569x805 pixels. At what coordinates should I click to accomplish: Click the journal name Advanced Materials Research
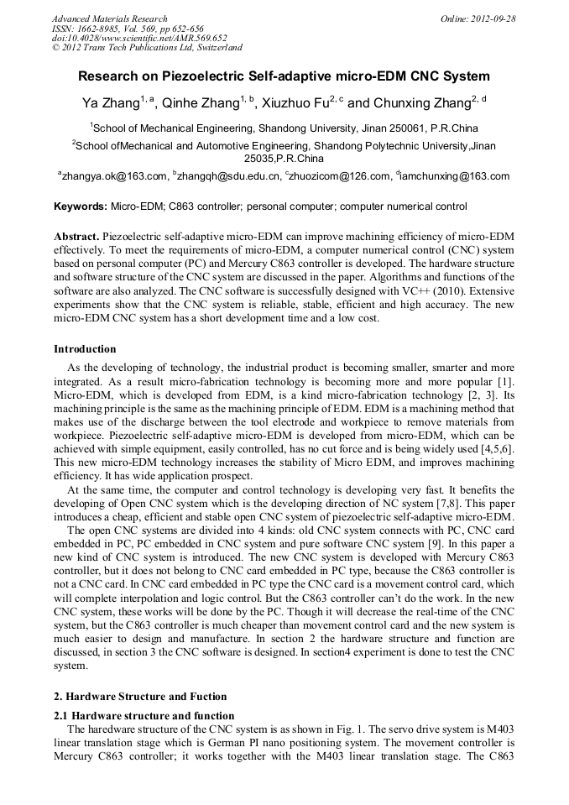[109, 18]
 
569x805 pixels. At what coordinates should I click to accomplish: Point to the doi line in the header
[139, 39]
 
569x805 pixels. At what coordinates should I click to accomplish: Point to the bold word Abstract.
[77, 238]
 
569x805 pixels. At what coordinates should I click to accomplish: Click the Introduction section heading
[85, 349]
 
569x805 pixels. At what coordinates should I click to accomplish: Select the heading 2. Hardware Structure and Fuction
[140, 698]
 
